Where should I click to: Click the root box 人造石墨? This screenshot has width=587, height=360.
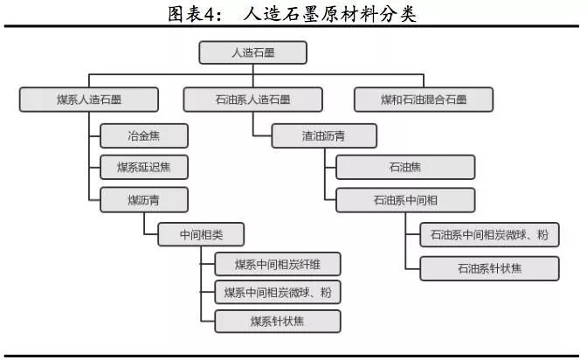[252, 53]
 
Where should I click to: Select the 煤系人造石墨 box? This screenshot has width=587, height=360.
[76, 99]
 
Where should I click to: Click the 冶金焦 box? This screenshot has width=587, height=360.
[143, 136]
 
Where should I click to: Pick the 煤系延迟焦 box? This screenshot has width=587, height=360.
[143, 167]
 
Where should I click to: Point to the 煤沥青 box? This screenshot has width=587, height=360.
[143, 200]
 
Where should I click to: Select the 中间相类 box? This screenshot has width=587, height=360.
[200, 233]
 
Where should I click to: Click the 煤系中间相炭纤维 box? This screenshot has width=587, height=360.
[276, 264]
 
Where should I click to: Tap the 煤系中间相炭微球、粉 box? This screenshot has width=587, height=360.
[276, 292]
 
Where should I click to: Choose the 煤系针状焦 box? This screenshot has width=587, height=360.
[276, 321]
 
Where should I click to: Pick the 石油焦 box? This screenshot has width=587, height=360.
[404, 167]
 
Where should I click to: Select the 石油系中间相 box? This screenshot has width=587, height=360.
[404, 200]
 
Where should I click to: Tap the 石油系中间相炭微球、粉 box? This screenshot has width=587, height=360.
[489, 234]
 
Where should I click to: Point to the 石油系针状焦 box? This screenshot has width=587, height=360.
[489, 267]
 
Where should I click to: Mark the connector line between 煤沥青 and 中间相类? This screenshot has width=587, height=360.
[144, 224]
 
